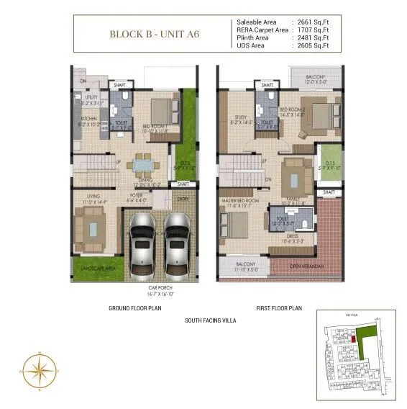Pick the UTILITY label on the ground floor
coord(91,96)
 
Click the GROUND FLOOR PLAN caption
coord(136,308)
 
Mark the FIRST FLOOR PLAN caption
coord(280,308)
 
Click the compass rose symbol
coord(38,372)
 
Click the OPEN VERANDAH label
coord(307,267)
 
